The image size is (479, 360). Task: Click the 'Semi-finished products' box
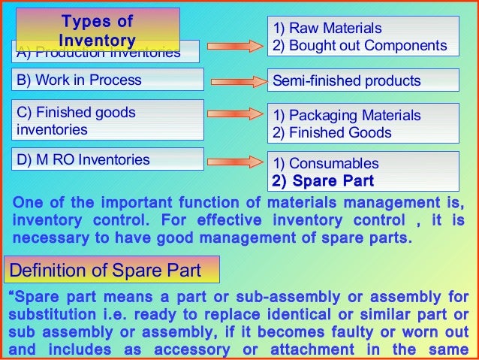[363, 80]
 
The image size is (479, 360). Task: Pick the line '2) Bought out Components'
[360, 45]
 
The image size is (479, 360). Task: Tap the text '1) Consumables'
[325, 163]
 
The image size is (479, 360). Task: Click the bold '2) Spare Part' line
[323, 181]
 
